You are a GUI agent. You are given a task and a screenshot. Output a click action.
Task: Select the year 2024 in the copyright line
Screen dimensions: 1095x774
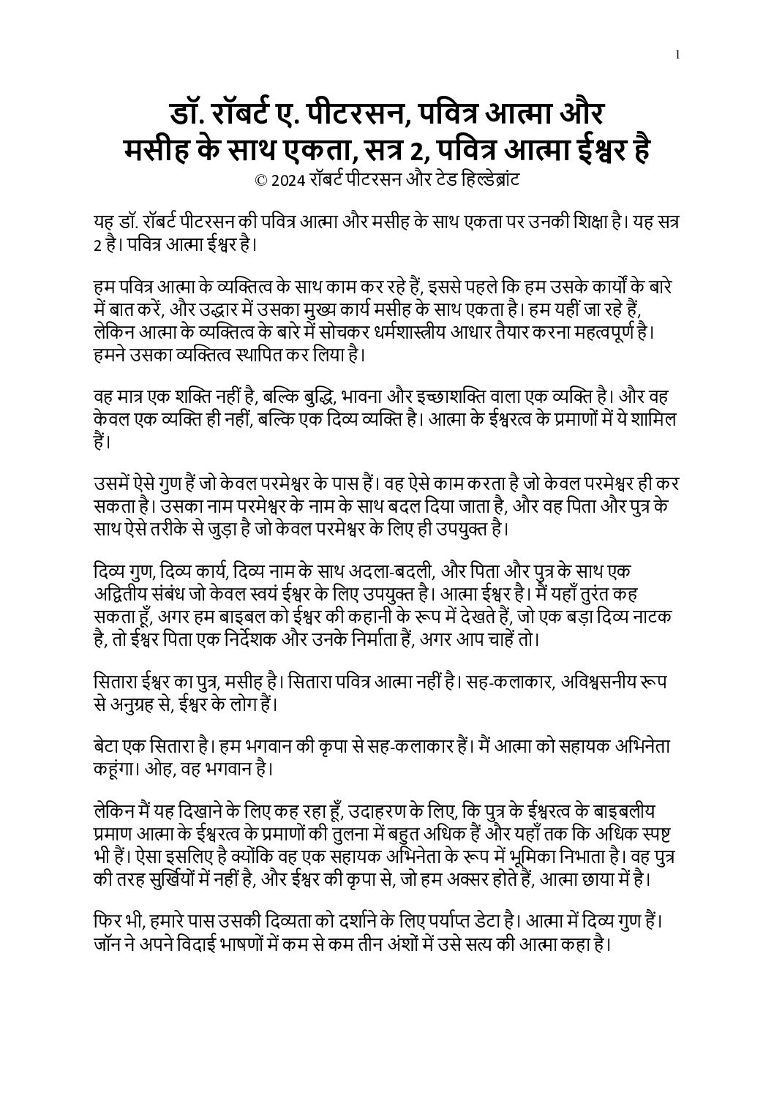286,180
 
